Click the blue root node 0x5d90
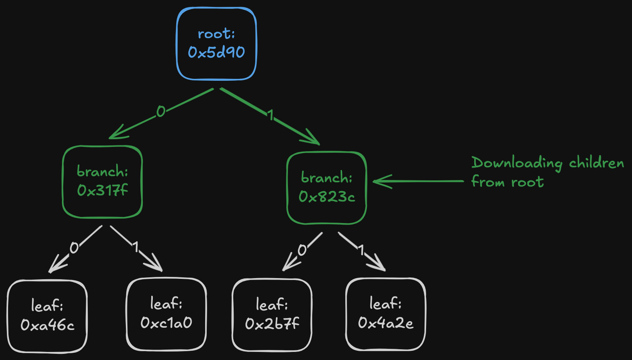(x=216, y=44)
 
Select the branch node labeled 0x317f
(x=102, y=182)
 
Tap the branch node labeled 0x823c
(x=326, y=188)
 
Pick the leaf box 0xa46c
(x=47, y=316)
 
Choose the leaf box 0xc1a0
(x=166, y=314)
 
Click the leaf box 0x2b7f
(x=272, y=315)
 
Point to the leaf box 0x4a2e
(x=386, y=314)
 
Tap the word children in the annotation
(x=596, y=163)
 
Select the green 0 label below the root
(x=161, y=112)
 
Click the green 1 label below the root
(x=271, y=115)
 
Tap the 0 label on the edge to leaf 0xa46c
(x=74, y=248)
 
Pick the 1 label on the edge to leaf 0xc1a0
(x=135, y=247)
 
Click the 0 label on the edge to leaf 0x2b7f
(x=302, y=250)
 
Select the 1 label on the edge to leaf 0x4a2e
(x=361, y=250)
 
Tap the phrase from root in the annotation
(x=507, y=182)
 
